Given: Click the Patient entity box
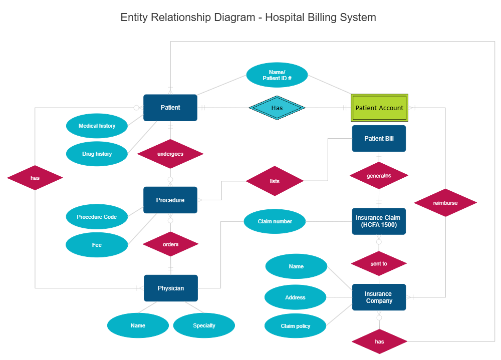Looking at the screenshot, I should [x=170, y=108].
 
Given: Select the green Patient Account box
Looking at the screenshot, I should [x=379, y=108].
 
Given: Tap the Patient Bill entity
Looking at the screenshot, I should [x=379, y=139].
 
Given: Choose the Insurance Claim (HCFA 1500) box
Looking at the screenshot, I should [x=379, y=221].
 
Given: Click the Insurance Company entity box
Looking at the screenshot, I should [x=379, y=297].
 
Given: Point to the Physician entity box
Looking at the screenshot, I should [x=170, y=288].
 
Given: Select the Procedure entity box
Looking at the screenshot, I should [x=170, y=200].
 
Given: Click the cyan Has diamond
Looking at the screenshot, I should [x=277, y=108].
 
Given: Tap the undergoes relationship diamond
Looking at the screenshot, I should [x=170, y=154].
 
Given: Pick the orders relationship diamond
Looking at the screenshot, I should [x=170, y=244].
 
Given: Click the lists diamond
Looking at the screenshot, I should [x=275, y=181].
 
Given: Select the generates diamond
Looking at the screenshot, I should [x=379, y=176].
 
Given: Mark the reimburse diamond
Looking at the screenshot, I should [x=445, y=203].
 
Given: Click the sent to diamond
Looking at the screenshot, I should [x=379, y=263].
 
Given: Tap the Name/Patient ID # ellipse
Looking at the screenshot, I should [x=277, y=75].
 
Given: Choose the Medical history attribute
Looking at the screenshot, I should [x=97, y=126].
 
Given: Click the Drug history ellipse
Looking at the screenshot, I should [x=97, y=154].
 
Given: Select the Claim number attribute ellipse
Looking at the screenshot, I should [x=275, y=221].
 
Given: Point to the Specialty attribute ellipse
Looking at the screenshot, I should [x=204, y=325].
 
